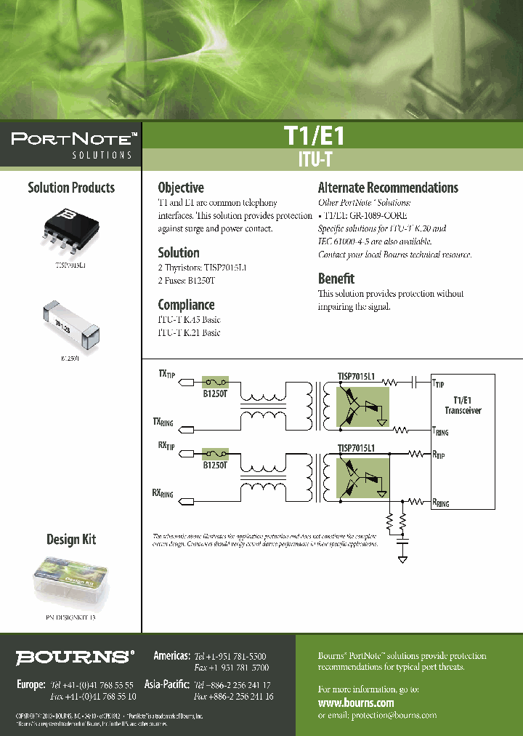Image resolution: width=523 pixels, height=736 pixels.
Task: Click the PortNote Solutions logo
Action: [x=73, y=144]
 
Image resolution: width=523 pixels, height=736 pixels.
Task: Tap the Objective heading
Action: [x=181, y=188]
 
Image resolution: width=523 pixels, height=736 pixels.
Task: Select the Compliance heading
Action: [x=186, y=305]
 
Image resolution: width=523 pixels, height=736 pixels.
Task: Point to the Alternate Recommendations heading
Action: [x=388, y=188]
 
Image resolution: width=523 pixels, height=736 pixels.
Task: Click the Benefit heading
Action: [x=336, y=278]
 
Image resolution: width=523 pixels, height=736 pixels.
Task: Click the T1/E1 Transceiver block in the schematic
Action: [x=463, y=406]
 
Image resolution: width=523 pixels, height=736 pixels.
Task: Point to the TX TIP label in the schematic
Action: [x=166, y=375]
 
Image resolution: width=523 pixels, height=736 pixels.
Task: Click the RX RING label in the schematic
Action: [x=163, y=493]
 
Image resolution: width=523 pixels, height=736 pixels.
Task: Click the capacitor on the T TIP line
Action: [x=417, y=381]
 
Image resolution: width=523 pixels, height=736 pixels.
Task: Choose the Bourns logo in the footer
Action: [x=75, y=657]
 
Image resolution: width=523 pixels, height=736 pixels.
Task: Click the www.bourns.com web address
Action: [x=356, y=703]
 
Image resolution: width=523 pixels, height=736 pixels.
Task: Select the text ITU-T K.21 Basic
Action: [x=189, y=332]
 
